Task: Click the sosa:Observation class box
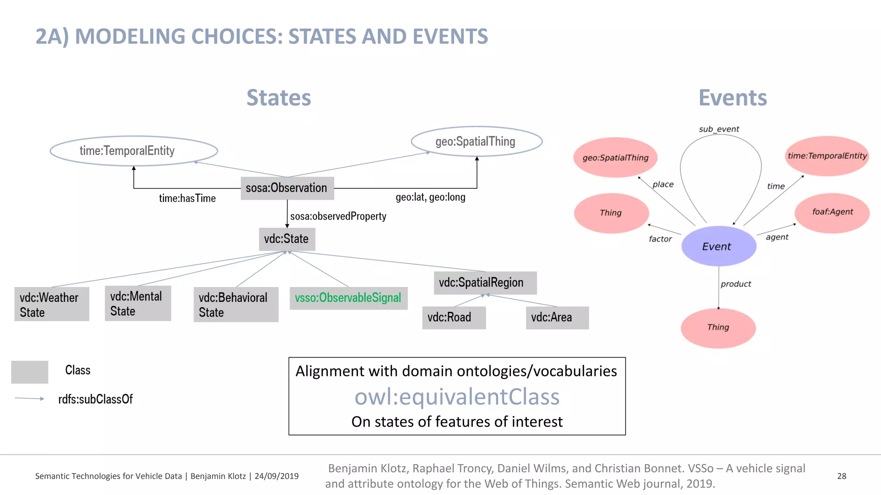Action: tap(287, 188)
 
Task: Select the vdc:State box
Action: tap(286, 239)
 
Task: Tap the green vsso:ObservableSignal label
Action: tap(348, 298)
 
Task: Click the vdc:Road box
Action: tap(454, 318)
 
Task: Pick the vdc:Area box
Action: tap(557, 318)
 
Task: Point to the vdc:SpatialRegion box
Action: tap(485, 283)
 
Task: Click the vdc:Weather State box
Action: tap(52, 304)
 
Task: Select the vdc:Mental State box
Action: tap(138, 303)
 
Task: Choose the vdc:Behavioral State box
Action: tap(236, 305)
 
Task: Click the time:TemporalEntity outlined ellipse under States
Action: tap(133, 151)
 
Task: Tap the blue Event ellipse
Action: tap(718, 246)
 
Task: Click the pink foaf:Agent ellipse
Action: tap(832, 212)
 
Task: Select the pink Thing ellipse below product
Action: tap(718, 327)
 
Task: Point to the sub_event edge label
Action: tap(719, 129)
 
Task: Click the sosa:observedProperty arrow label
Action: tap(338, 216)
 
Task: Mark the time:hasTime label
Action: tap(187, 199)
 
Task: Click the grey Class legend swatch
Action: tap(29, 372)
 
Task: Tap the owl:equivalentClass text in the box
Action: tap(457, 397)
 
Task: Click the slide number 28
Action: tap(841, 476)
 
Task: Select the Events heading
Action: tap(733, 98)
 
